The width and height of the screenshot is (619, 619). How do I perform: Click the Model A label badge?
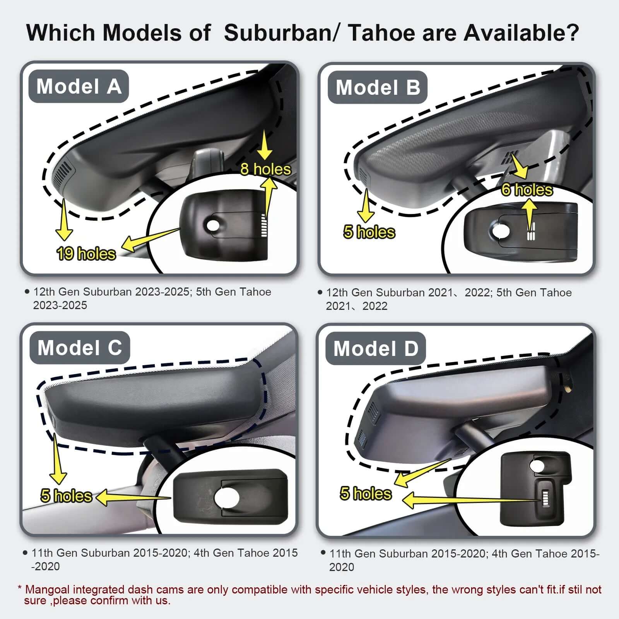[79, 86]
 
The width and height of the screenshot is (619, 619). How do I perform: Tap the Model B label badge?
[378, 87]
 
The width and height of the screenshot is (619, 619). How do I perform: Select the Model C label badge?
[80, 347]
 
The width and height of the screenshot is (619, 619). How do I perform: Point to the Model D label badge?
[376, 349]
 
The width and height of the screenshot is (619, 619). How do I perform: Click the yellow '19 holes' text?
[86, 254]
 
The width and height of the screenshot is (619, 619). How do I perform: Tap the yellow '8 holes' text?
[265, 169]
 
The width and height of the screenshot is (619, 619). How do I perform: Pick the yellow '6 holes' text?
[527, 190]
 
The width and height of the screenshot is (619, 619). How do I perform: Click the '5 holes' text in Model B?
[369, 232]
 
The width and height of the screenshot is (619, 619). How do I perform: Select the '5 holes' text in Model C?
[66, 496]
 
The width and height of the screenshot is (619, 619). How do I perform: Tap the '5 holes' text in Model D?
[366, 493]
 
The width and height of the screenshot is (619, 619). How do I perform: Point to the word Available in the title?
[521, 32]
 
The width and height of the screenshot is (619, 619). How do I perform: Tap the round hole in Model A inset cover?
[212, 226]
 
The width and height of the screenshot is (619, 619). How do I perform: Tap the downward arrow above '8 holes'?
[265, 145]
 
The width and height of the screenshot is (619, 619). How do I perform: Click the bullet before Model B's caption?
[320, 292]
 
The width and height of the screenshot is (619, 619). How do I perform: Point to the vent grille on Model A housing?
[63, 173]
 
